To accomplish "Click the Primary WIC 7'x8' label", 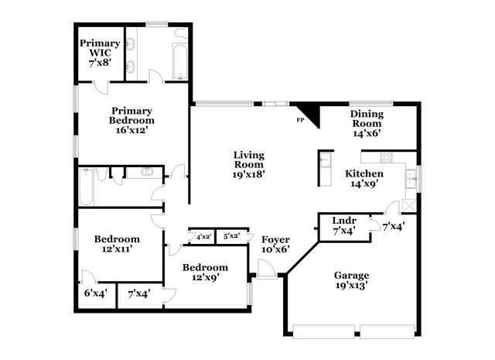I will [x=100, y=53].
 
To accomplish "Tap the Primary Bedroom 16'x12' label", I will [x=131, y=120].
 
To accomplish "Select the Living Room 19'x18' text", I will [x=249, y=164].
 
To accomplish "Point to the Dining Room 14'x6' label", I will [x=367, y=123].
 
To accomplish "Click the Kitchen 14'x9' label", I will [x=364, y=179].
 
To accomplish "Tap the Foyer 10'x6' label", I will [x=275, y=245].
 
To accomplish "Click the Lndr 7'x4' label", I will [x=343, y=225].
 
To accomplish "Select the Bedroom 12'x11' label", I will [x=117, y=245].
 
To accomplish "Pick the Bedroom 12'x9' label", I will [x=205, y=273].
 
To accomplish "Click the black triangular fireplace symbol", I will [x=306, y=111].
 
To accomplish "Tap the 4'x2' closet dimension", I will [x=203, y=236].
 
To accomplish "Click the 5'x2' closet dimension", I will [x=231, y=236].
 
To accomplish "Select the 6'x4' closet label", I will [x=95, y=294].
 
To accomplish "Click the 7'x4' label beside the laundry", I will [x=394, y=226].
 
